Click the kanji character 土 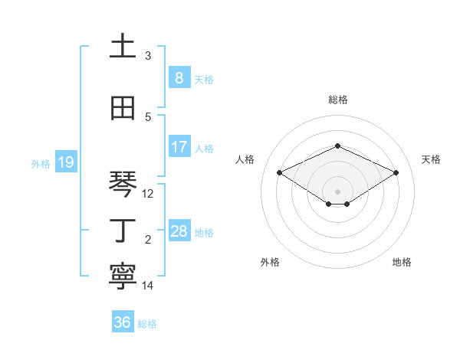click(123, 47)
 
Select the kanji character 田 click(123, 109)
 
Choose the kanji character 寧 click(123, 277)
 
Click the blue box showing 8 click(179, 77)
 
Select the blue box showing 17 click(179, 147)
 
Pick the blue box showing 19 click(65, 162)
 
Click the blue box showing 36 click(122, 322)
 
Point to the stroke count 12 click(148, 194)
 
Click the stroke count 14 click(148, 286)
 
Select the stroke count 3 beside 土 click(148, 56)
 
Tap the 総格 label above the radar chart click(337, 100)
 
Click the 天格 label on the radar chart click(431, 159)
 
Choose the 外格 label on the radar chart click(270, 262)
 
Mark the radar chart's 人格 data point click(279, 172)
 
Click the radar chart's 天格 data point click(396, 172)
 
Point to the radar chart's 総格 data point click(337, 146)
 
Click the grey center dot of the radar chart click(337, 191)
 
